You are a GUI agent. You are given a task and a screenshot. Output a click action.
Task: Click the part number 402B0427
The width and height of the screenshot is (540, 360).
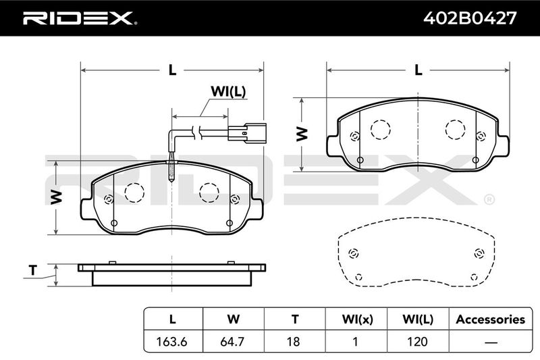tap(470, 18)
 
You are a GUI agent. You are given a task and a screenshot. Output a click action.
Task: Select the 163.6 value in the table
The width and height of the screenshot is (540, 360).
tap(171, 341)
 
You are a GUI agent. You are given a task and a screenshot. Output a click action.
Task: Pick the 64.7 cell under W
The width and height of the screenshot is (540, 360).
tap(233, 341)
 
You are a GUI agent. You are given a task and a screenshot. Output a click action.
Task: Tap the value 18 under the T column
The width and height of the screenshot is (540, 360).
tap(294, 341)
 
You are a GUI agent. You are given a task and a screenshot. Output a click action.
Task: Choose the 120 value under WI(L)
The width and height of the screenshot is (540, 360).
tap(417, 341)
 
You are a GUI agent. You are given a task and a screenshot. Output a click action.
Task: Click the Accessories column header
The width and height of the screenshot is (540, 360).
tap(491, 319)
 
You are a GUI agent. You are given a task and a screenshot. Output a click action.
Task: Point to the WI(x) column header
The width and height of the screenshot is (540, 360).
tap(357, 319)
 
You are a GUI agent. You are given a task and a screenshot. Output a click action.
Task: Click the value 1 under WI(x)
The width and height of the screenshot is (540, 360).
tap(356, 341)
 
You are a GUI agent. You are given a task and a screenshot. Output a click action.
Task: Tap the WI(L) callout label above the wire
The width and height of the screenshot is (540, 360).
tap(228, 92)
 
